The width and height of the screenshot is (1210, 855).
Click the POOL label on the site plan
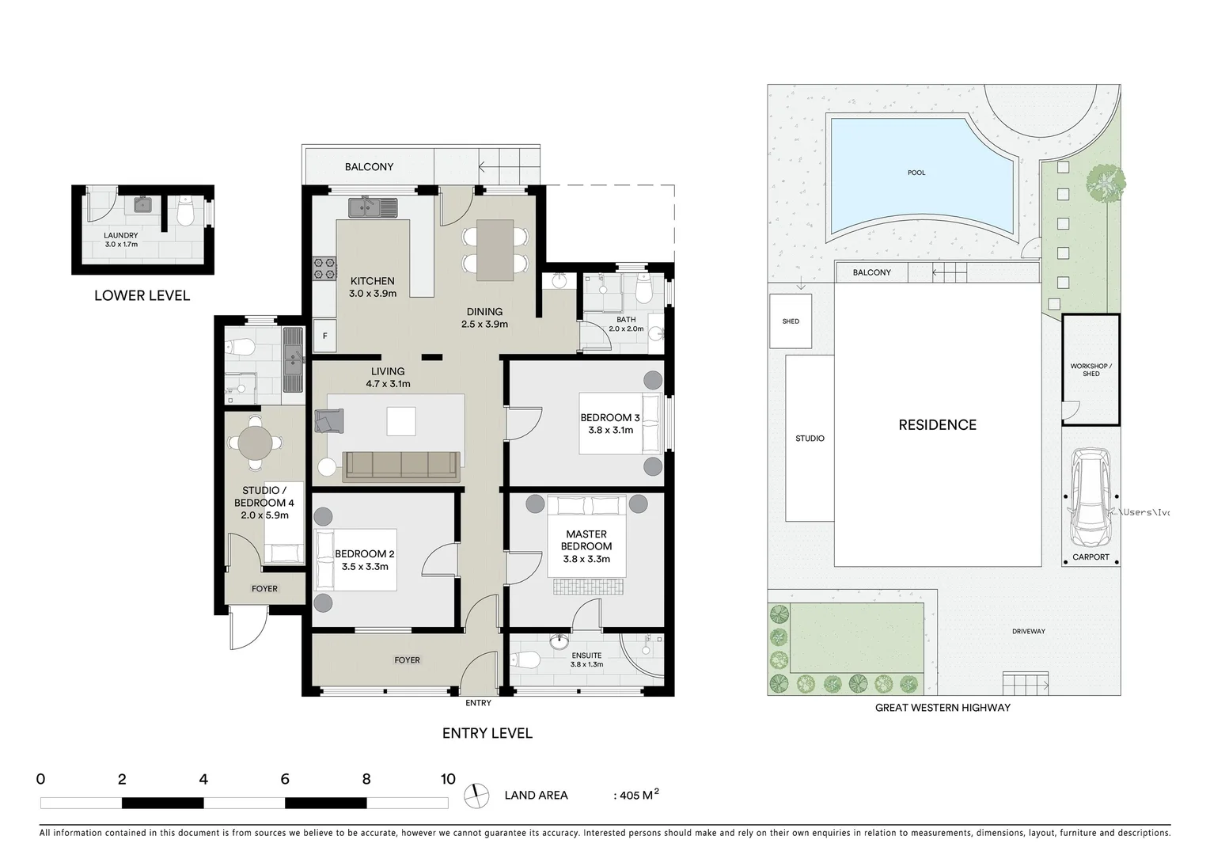[916, 173]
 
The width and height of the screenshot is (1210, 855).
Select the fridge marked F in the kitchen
[324, 336]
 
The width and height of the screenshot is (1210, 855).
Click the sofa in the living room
[400, 466]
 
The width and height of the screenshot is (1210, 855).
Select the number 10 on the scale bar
[448, 779]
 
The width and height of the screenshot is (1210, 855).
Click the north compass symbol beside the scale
[476, 796]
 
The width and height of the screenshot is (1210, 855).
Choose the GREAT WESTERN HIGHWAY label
[942, 708]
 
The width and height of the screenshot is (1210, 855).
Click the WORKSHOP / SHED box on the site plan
[1091, 370]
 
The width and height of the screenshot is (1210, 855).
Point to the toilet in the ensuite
[525, 659]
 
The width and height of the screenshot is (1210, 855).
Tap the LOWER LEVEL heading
[142, 295]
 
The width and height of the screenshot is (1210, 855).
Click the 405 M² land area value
[638, 795]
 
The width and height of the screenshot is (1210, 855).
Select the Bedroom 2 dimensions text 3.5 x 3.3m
[365, 567]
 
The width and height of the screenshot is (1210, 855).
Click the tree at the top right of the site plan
[1106, 184]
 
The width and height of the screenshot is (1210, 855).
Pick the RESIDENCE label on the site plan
[937, 425]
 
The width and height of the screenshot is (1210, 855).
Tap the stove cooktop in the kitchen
[324, 268]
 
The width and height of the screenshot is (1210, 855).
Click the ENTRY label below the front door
[478, 703]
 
